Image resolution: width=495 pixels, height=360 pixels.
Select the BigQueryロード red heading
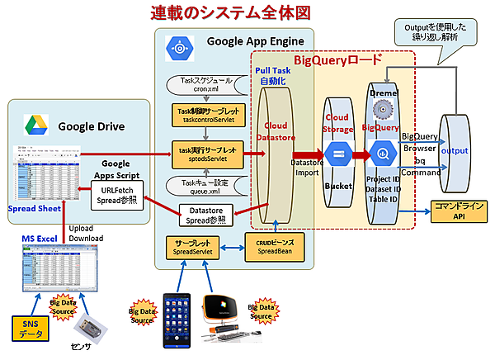[338, 60]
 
